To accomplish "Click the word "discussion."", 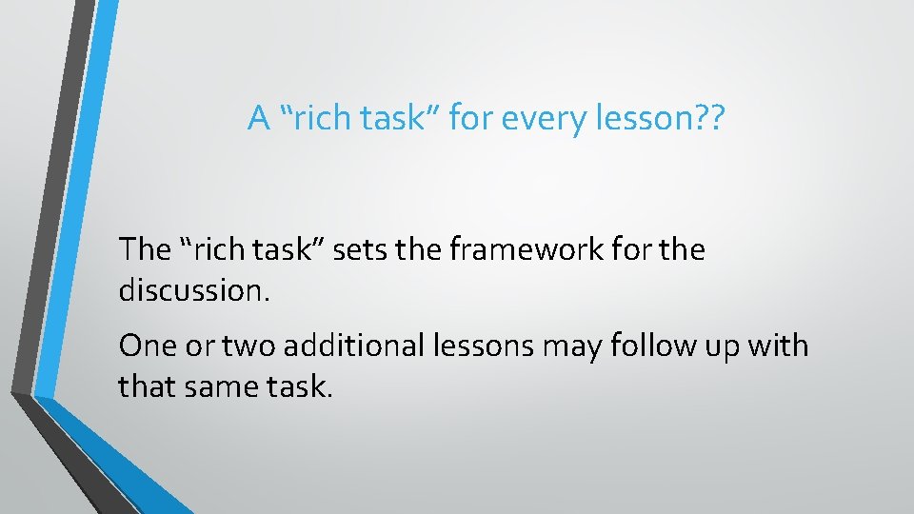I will [195, 290].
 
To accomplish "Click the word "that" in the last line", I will [145, 385].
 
